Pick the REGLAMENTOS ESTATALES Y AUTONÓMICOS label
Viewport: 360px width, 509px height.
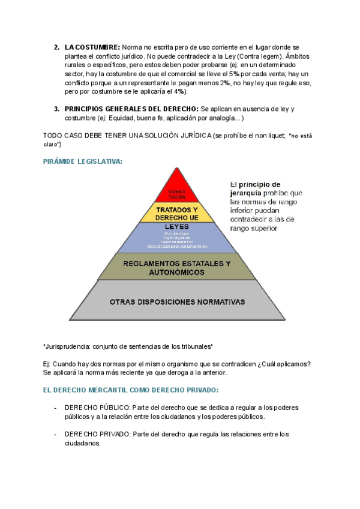176,268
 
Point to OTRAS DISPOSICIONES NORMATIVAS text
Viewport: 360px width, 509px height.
177,301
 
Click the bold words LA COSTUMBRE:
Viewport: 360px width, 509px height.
92,47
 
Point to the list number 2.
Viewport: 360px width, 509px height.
56,47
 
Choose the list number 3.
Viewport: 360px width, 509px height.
56,109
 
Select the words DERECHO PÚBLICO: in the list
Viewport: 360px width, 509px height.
97,408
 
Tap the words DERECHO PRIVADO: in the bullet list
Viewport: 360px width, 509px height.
97,434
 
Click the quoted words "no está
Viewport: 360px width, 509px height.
300,136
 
